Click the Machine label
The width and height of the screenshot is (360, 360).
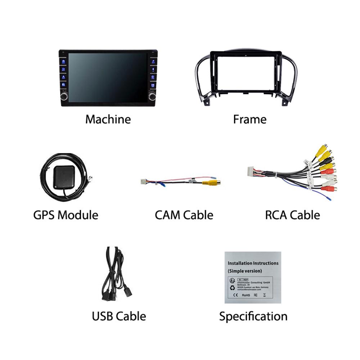coord(108,119)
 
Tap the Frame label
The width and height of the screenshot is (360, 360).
coord(249,119)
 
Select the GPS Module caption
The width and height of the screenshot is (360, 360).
coord(66,215)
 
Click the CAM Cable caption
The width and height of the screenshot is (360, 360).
coord(184,215)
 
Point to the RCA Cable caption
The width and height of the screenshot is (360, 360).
coord(292,215)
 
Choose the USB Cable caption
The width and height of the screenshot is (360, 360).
coord(119,316)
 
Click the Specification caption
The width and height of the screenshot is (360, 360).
coord(253,316)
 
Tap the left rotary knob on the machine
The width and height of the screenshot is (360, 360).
coord(64,96)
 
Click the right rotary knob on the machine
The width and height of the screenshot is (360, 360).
coord(152,96)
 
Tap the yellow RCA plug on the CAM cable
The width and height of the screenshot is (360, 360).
coord(210,183)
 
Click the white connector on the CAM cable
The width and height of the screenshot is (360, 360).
coord(143,181)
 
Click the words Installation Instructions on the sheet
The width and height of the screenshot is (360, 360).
coord(253,263)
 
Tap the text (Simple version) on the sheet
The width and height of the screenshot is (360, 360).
coord(245,271)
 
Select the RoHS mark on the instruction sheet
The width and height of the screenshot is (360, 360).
coord(246,295)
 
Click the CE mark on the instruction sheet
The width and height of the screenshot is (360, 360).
coord(236,295)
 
